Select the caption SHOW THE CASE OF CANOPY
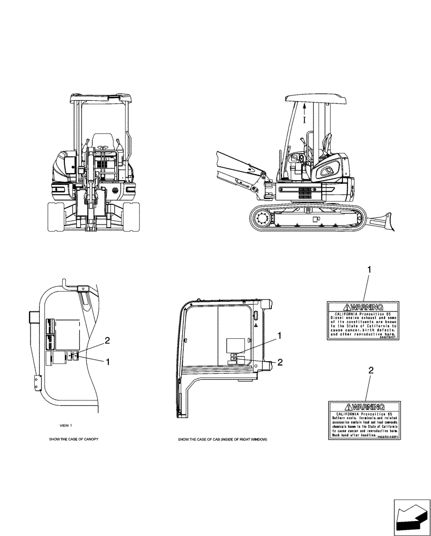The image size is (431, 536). click(73, 439)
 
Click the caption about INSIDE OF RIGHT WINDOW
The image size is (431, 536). click(222, 440)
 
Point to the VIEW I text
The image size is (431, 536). click(65, 425)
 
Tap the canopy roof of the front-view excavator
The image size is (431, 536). click(100, 98)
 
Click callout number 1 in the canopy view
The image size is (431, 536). click(109, 362)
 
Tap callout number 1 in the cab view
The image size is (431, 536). click(279, 336)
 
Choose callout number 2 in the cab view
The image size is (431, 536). click(279, 363)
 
